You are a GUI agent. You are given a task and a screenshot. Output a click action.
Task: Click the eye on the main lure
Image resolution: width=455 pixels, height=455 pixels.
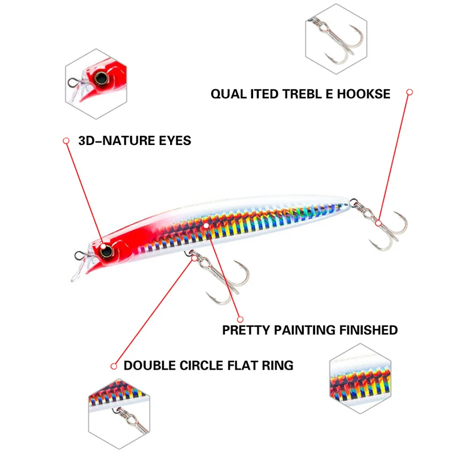106,251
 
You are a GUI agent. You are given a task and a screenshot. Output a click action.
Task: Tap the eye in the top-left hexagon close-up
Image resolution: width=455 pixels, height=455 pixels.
101,78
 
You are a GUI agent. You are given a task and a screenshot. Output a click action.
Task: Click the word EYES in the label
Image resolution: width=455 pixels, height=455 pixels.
175,140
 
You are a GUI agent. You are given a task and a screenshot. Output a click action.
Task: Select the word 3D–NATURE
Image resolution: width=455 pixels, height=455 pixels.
117,140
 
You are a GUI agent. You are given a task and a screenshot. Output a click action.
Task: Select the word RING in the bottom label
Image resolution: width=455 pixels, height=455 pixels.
278,366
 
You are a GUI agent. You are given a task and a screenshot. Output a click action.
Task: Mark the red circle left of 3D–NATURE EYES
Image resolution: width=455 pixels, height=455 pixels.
66,140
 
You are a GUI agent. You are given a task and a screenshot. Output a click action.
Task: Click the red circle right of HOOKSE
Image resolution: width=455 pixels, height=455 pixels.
409,92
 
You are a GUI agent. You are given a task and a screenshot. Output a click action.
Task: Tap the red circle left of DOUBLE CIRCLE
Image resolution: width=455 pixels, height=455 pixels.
114,366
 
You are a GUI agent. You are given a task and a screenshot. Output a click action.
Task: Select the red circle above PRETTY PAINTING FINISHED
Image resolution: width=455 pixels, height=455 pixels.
240,320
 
